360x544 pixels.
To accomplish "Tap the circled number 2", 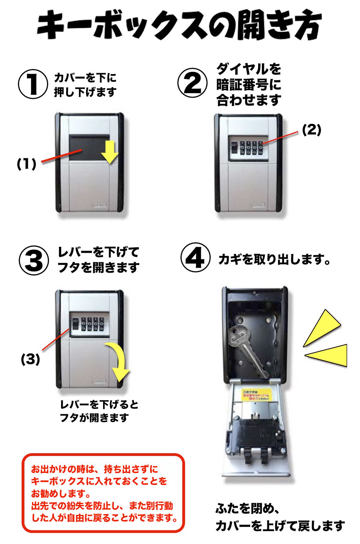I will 192,83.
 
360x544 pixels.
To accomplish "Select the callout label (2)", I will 311,130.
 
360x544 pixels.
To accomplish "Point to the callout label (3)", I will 30,359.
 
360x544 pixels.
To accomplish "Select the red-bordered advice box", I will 103,493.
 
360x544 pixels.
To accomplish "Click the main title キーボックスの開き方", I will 180,26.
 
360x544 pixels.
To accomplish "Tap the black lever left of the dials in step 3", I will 75,324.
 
